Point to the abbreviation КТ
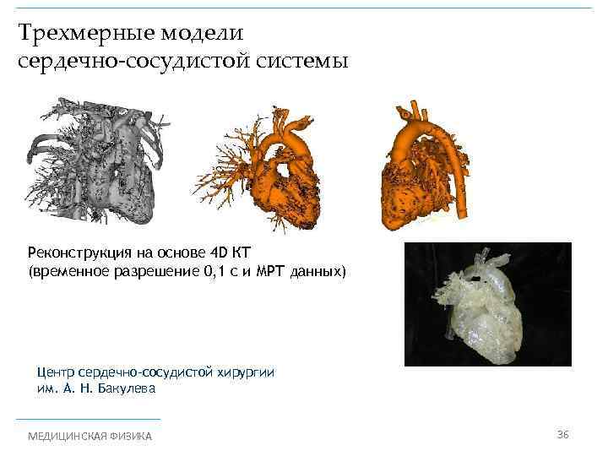(252, 253)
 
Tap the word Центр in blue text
(57, 373)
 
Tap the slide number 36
(563, 434)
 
